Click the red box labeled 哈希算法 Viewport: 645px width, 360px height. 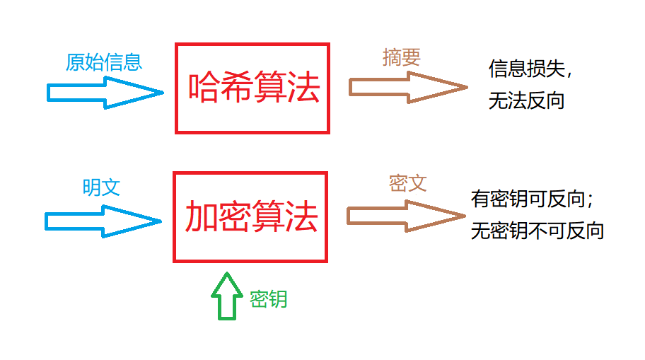click(x=252, y=88)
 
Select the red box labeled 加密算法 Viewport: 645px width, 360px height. click(x=250, y=217)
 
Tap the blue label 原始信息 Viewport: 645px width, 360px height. click(x=104, y=62)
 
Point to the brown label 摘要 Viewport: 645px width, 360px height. click(x=402, y=57)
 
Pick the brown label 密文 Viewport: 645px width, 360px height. click(x=408, y=183)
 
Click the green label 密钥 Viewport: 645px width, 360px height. click(x=269, y=299)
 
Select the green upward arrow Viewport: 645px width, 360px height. click(x=226, y=296)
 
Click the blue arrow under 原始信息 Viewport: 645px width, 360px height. click(x=105, y=93)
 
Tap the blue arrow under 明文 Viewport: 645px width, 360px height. click(x=103, y=221)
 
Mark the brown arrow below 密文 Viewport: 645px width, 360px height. click(x=405, y=216)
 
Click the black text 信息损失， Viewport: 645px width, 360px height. click(x=530, y=69)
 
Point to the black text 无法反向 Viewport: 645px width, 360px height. click(x=526, y=100)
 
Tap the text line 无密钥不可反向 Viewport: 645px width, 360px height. click(x=537, y=231)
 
